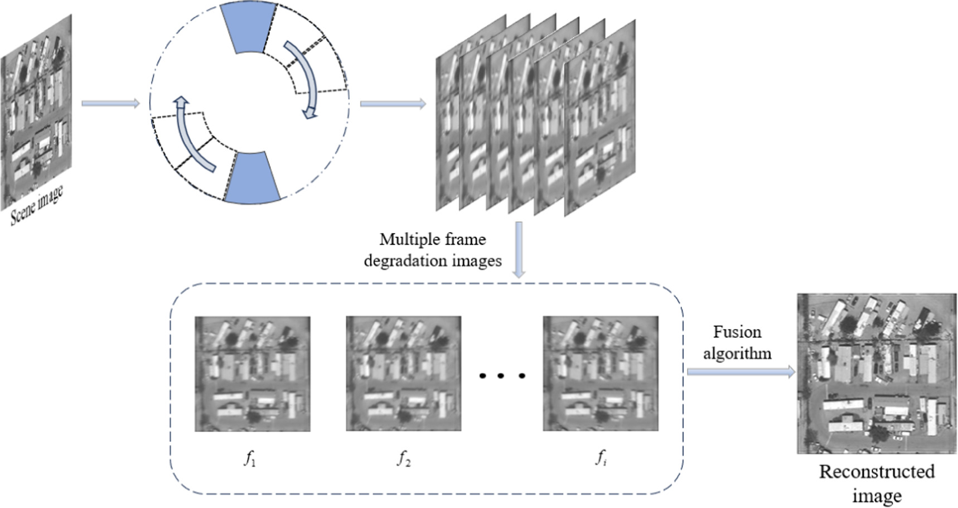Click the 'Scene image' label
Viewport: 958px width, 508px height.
point(37,205)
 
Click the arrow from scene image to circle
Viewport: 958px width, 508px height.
point(110,103)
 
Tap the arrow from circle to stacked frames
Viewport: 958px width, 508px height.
point(393,104)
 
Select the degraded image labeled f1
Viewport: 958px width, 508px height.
point(252,374)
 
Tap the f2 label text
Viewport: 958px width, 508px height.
point(404,458)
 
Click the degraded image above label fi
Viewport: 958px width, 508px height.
point(601,374)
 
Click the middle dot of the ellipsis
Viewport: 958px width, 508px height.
point(500,376)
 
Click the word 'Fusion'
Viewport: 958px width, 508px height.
point(737,332)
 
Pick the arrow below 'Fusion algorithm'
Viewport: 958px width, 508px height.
point(741,372)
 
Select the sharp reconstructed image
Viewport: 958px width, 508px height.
point(877,374)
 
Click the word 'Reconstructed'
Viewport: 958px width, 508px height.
point(877,472)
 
